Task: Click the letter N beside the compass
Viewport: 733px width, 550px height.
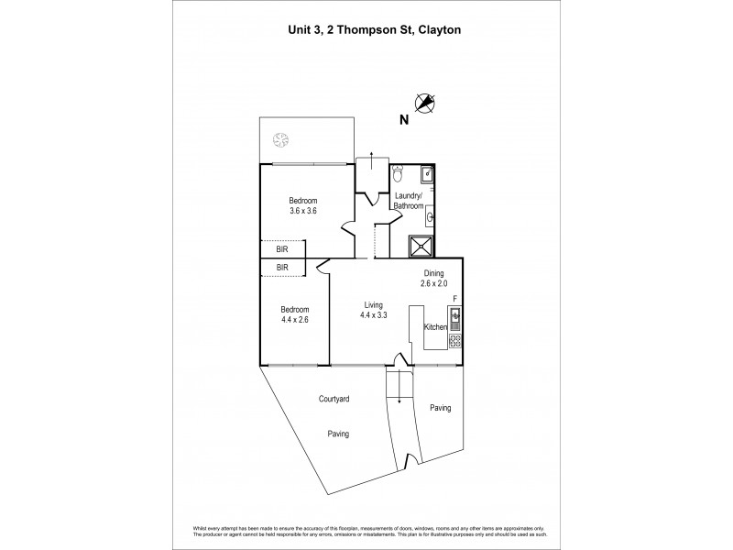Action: [403, 119]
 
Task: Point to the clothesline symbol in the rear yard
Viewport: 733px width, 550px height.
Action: [280, 140]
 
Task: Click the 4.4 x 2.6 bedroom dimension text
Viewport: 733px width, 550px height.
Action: [296, 321]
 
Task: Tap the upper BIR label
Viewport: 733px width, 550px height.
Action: [282, 247]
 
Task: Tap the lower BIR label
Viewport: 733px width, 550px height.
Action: [282, 267]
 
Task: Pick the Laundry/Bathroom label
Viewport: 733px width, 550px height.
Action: [409, 201]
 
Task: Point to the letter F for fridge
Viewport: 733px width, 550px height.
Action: [455, 299]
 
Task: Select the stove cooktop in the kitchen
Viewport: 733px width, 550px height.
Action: [454, 341]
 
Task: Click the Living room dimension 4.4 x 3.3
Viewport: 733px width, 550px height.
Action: [373, 315]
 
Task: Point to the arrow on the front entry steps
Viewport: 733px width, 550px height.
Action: [399, 397]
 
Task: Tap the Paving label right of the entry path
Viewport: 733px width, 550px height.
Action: [440, 408]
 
